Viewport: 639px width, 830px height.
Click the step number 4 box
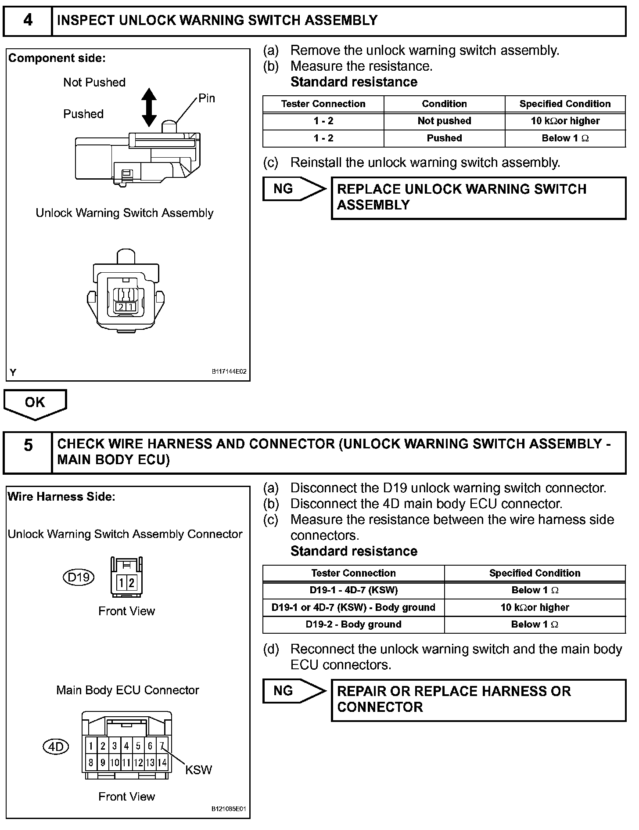pos(28,21)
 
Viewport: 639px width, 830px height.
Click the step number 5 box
pos(28,452)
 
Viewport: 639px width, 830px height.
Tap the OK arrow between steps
pos(35,403)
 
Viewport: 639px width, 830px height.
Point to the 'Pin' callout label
pos(207,98)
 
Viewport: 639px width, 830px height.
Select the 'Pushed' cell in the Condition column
pos(444,138)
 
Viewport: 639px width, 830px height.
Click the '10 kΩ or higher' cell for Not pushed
pos(565,121)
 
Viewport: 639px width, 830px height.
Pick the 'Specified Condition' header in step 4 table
pos(565,104)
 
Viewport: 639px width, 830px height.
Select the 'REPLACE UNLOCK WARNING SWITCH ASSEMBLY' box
pos(478,198)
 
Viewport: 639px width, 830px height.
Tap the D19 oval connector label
pos(79,577)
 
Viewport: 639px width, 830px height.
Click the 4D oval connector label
pos(56,747)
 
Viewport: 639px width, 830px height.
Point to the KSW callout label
pos(198,770)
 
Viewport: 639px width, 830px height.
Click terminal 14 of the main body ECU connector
pos(162,763)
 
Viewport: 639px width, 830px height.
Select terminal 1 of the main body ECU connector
pos(91,746)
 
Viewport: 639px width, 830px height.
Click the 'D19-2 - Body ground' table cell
pos(353,624)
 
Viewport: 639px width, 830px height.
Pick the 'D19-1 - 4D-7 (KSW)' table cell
pos(353,590)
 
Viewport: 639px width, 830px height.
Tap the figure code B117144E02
pos(229,372)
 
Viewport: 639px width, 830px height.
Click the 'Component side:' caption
pos(57,58)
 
